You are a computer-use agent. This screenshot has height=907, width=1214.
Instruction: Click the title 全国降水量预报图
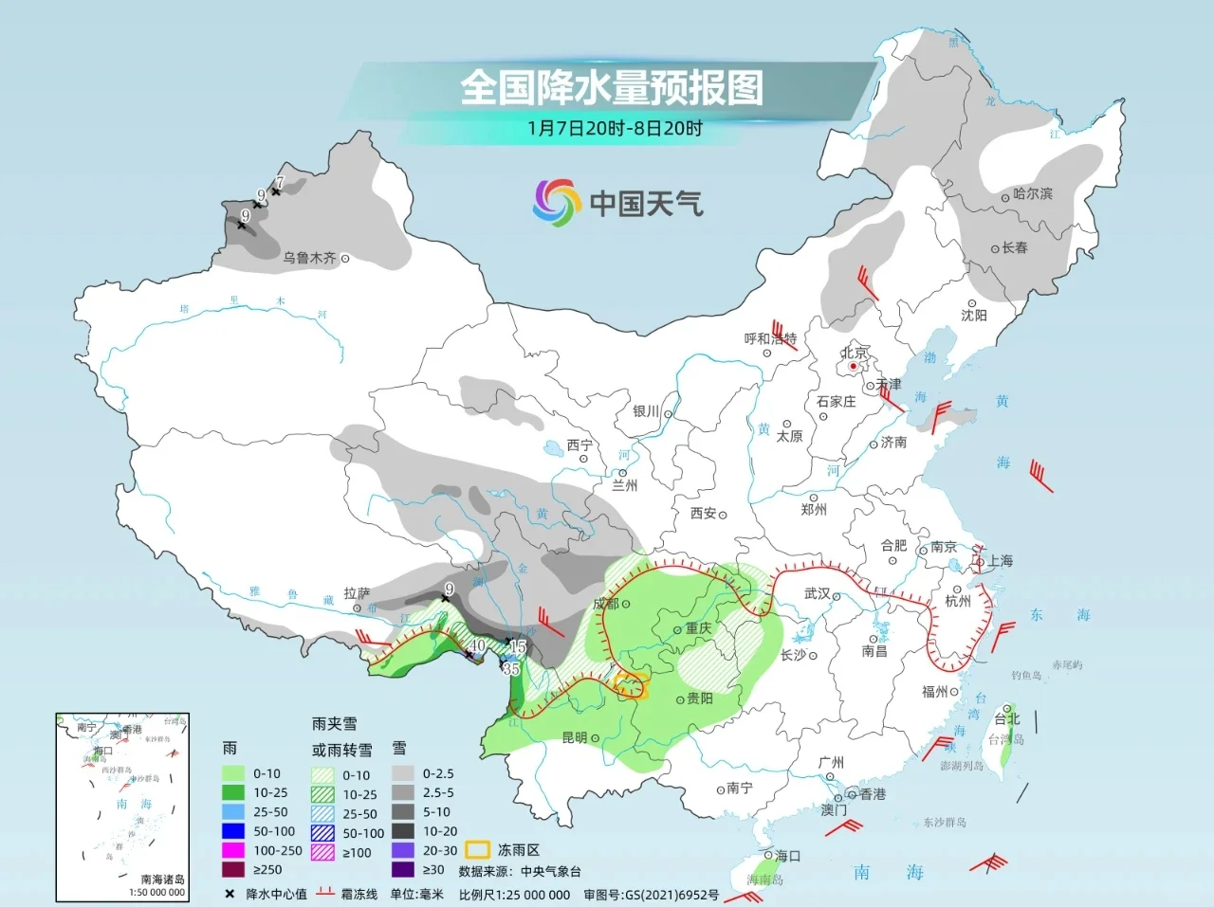click(x=612, y=87)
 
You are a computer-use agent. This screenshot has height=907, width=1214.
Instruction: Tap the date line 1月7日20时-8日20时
click(x=615, y=128)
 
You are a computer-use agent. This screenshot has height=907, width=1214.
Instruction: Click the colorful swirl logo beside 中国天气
click(x=556, y=203)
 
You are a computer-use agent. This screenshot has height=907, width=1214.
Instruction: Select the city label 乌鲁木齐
click(x=309, y=258)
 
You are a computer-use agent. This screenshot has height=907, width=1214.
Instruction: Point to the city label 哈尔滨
click(x=1032, y=193)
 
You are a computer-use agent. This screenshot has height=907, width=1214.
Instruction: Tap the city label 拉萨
click(x=357, y=593)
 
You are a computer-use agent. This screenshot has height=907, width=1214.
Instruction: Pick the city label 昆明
click(x=575, y=737)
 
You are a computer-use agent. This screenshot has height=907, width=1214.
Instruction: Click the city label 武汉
click(x=817, y=593)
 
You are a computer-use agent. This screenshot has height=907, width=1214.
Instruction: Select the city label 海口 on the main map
click(x=787, y=855)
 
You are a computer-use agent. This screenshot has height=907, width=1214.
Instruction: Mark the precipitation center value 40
click(x=478, y=645)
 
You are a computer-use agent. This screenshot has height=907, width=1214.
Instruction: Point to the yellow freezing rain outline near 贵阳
click(x=632, y=684)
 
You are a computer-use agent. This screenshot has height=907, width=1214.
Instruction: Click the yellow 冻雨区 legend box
click(x=476, y=850)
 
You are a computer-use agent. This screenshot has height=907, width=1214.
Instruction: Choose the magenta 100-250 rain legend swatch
click(x=233, y=850)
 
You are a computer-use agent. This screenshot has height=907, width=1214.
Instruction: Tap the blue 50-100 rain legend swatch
click(x=233, y=831)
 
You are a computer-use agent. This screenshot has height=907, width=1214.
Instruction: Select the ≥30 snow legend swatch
click(x=404, y=869)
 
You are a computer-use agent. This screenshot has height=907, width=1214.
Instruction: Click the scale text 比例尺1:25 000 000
click(x=514, y=894)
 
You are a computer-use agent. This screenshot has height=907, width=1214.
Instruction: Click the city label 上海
click(x=1000, y=560)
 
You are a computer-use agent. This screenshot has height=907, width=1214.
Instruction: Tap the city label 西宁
click(x=579, y=445)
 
